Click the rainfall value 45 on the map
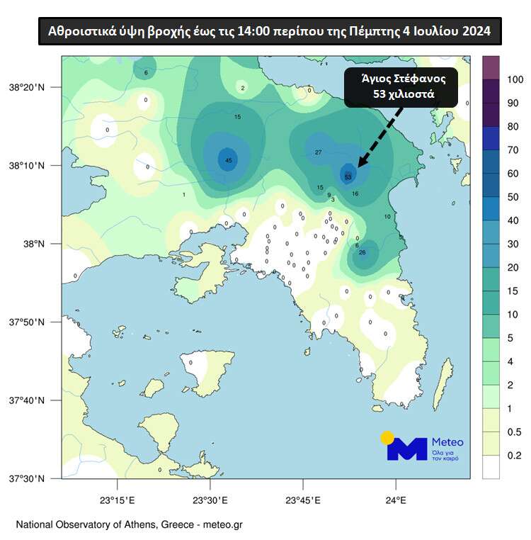click(228, 160)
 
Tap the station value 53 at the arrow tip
click(348, 176)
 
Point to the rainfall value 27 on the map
click(319, 152)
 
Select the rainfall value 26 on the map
click(362, 252)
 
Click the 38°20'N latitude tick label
click(26, 87)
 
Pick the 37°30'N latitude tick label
click(26, 479)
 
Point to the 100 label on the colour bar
click(515, 79)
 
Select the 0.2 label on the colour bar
click(515, 456)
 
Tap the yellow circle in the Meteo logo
click(387, 438)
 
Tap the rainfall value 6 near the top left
click(146, 73)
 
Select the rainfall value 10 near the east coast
click(387, 216)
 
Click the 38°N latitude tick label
click(36, 244)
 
